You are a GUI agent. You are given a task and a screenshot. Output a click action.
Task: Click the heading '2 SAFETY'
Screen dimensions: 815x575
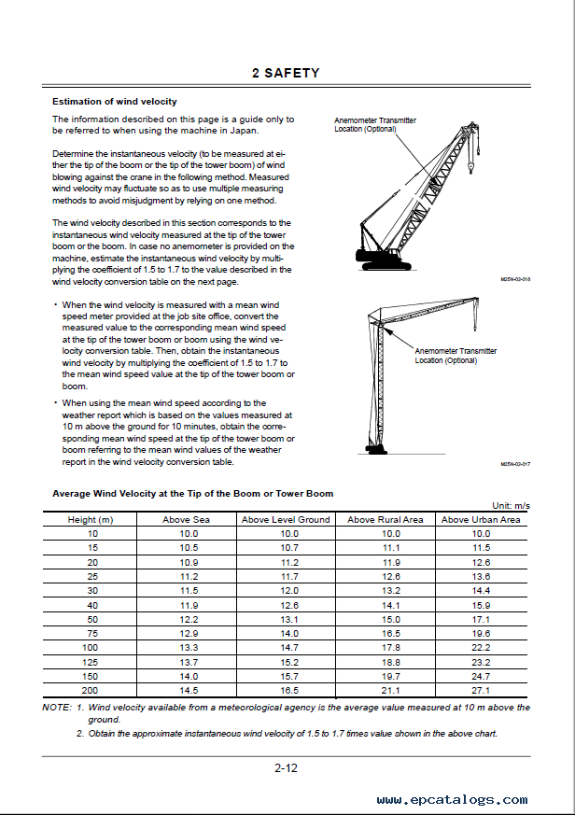[x=286, y=73]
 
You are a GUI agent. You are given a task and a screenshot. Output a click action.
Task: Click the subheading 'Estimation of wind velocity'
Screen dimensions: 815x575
[x=114, y=102]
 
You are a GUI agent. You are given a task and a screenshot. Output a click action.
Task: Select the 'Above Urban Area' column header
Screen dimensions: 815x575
[x=481, y=519]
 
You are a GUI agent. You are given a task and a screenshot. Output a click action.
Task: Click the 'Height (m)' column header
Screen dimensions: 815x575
[x=91, y=519]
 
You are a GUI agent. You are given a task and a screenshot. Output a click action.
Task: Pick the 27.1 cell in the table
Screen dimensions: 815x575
[x=481, y=690]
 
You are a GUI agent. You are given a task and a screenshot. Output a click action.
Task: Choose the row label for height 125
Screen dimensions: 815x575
[x=91, y=662]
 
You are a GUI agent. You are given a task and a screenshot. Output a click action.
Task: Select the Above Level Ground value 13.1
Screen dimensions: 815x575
[x=289, y=619]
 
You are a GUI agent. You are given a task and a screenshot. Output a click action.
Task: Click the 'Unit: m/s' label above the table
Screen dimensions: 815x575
[x=511, y=505]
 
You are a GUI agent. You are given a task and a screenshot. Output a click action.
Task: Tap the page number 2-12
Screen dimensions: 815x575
[x=286, y=768]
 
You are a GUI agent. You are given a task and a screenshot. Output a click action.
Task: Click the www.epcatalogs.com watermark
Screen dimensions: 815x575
[x=452, y=800]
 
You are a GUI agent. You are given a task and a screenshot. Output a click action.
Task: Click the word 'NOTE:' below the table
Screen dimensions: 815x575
[x=58, y=708]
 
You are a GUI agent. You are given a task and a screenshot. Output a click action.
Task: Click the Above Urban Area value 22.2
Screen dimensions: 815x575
[x=481, y=647]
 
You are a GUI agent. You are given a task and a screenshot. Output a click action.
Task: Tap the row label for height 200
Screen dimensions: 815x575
[x=91, y=690]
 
